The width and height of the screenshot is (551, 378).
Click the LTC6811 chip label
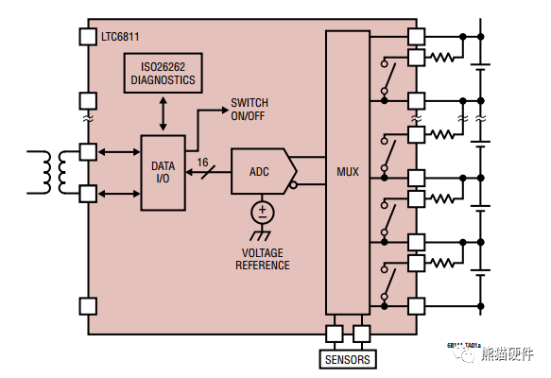121,39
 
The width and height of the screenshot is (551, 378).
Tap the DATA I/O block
164,172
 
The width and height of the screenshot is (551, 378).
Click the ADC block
259,172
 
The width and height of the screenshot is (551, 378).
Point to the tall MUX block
348,172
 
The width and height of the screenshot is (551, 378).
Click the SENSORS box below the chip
348,359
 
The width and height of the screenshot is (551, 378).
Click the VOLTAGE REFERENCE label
263,259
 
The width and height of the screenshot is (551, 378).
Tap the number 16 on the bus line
202,162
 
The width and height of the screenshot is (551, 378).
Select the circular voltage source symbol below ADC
263,212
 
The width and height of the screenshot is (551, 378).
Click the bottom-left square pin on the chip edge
89,305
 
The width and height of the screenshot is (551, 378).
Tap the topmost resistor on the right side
442,57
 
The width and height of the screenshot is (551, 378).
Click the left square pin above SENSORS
335,333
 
